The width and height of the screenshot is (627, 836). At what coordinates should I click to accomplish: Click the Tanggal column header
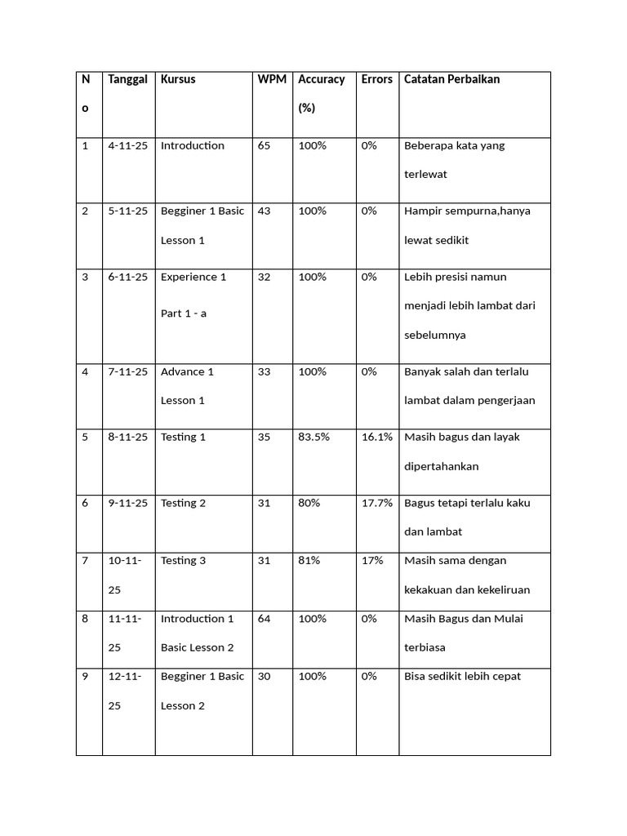click(x=127, y=79)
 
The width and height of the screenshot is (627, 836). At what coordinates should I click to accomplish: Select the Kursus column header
click(x=178, y=79)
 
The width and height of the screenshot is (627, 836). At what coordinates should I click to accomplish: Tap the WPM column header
click(x=271, y=79)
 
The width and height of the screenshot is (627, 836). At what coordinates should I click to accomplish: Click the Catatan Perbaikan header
click(x=451, y=79)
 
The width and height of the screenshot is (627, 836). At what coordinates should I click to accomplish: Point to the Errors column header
click(x=376, y=79)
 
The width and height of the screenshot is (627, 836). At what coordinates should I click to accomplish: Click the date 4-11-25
click(x=127, y=145)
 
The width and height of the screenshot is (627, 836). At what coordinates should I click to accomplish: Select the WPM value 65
click(x=264, y=145)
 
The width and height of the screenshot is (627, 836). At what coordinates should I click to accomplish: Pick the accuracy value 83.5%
click(x=313, y=437)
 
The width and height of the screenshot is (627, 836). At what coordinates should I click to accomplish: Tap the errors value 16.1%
click(x=376, y=437)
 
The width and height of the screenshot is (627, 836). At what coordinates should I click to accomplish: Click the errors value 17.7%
click(x=376, y=503)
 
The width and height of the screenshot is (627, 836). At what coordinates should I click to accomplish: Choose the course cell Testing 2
click(x=183, y=503)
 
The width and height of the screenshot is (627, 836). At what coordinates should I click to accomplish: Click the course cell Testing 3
click(x=183, y=561)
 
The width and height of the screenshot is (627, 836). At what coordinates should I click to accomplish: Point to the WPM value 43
click(x=264, y=211)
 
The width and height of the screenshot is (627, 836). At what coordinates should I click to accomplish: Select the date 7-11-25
click(x=127, y=371)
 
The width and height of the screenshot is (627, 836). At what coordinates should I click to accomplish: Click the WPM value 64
click(x=264, y=619)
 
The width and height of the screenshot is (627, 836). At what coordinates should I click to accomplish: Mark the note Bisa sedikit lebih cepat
click(x=462, y=676)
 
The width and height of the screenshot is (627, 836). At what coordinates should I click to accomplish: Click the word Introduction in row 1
click(x=192, y=145)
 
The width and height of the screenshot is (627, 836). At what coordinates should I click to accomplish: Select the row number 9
click(x=85, y=676)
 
